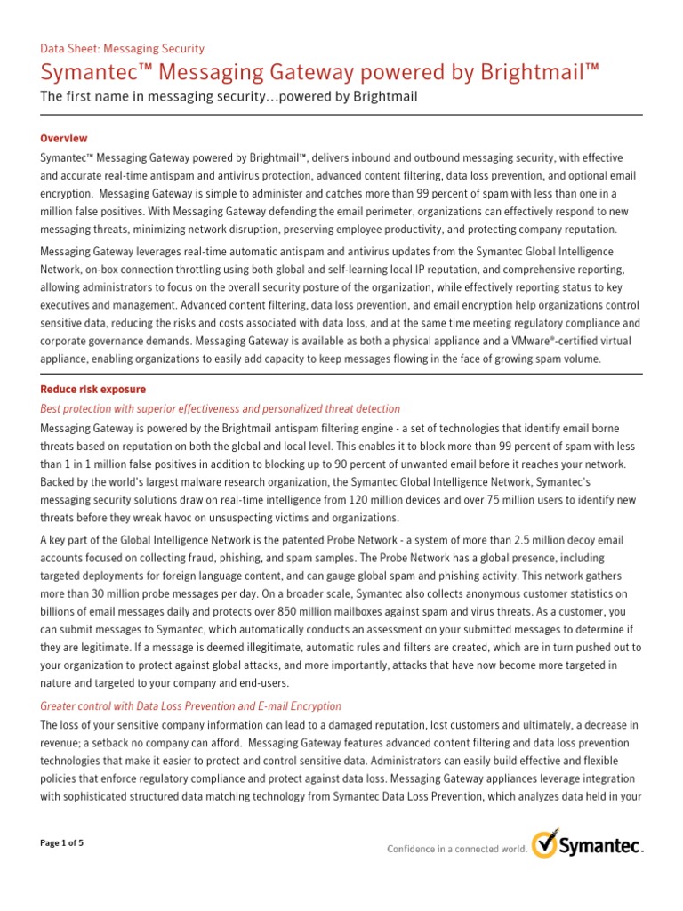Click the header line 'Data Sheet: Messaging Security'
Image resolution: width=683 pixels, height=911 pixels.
pyautogui.click(x=123, y=49)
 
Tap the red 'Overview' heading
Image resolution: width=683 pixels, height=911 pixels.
pyautogui.click(x=64, y=138)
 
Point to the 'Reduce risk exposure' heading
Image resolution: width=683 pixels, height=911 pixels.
pyautogui.click(x=93, y=390)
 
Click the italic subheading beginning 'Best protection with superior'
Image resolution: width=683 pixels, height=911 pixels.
pyautogui.click(x=221, y=409)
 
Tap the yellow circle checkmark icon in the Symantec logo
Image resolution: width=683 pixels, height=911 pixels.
pyautogui.click(x=545, y=845)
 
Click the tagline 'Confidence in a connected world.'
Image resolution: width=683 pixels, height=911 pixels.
pyautogui.click(x=456, y=849)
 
